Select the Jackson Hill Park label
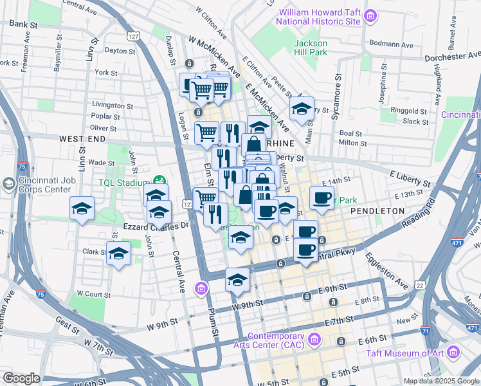coord(311,48)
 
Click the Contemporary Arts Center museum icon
coord(315,339)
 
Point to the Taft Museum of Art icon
coord(455,353)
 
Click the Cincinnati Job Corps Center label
coord(43,185)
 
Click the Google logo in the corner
coord(21,378)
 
